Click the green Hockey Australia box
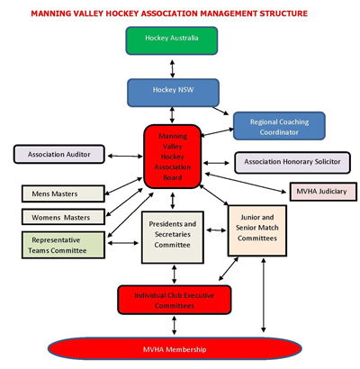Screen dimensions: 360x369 [x=172, y=40]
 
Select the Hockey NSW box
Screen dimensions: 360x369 [x=173, y=93]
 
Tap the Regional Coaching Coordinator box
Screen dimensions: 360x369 [x=279, y=126]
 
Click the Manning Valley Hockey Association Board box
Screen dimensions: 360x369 [x=173, y=157]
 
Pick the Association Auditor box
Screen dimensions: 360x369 [x=59, y=154]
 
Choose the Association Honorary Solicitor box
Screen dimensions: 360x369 [x=292, y=163]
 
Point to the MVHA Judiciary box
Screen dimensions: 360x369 [x=323, y=192]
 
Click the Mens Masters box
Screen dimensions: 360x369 [x=63, y=193]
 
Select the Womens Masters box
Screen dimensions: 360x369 [x=63, y=217]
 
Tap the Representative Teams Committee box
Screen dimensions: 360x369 [x=63, y=245]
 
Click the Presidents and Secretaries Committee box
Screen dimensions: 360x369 [x=173, y=238]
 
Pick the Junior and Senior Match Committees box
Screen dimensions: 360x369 [x=257, y=230]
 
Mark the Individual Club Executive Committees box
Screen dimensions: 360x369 [x=175, y=300]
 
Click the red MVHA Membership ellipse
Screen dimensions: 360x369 [x=175, y=349]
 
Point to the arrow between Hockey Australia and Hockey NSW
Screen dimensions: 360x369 [x=172, y=68]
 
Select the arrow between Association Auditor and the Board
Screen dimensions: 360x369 [x=125, y=156]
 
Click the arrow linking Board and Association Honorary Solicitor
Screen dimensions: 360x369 [x=216, y=163]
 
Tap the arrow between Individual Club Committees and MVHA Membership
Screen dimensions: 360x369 [x=174, y=325]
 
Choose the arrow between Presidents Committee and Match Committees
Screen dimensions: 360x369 [x=216, y=230]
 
